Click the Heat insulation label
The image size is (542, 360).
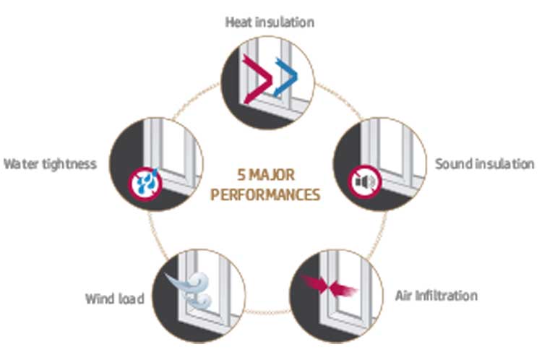(x=270, y=22)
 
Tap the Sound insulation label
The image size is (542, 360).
(x=485, y=164)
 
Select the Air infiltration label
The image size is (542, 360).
(x=436, y=296)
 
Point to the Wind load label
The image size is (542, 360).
(x=115, y=299)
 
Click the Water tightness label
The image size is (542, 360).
(x=50, y=164)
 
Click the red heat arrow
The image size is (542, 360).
(x=257, y=80)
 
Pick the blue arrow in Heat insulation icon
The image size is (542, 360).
(x=285, y=77)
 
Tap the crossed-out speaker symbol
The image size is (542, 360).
(x=365, y=181)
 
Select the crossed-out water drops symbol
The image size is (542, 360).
(x=145, y=184)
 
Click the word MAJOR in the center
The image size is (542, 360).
(x=272, y=175)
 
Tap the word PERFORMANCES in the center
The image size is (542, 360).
(x=265, y=194)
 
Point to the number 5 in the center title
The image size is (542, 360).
(x=241, y=175)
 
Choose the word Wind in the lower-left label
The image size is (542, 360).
(x=100, y=299)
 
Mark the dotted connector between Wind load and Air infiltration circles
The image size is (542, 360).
(x=267, y=312)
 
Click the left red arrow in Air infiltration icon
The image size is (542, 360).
(x=314, y=283)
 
